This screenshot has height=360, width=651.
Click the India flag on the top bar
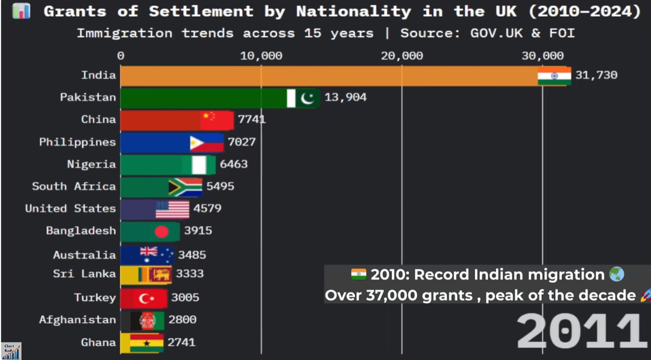pyautogui.click(x=554, y=76)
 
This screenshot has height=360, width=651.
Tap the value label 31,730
pyautogui.click(x=596, y=75)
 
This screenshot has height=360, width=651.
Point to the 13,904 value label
pyautogui.click(x=345, y=97)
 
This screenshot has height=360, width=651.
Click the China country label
pyautogui.click(x=98, y=119)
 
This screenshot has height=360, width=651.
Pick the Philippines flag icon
pyautogui.click(x=206, y=143)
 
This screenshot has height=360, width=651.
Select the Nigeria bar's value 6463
pyautogui.click(x=233, y=164)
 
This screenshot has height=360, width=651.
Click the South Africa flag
pyautogui.click(x=185, y=187)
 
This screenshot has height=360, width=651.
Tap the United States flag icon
pyautogui.click(x=172, y=209)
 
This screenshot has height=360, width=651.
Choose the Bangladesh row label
pyautogui.click(x=81, y=230)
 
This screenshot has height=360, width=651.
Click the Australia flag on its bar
pyautogui.click(x=156, y=254)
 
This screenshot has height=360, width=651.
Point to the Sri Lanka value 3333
pyautogui.click(x=189, y=274)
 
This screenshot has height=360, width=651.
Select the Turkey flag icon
pyautogui.click(x=147, y=298)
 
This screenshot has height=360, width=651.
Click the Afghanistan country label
pyautogui.click(x=77, y=320)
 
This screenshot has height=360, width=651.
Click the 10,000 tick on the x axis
pyautogui.click(x=261, y=56)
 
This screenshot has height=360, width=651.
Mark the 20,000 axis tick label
pyautogui.click(x=402, y=56)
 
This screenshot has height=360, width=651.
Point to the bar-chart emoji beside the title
pyautogui.click(x=21, y=11)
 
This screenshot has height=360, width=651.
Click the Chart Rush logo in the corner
pyautogui.click(x=11, y=350)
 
